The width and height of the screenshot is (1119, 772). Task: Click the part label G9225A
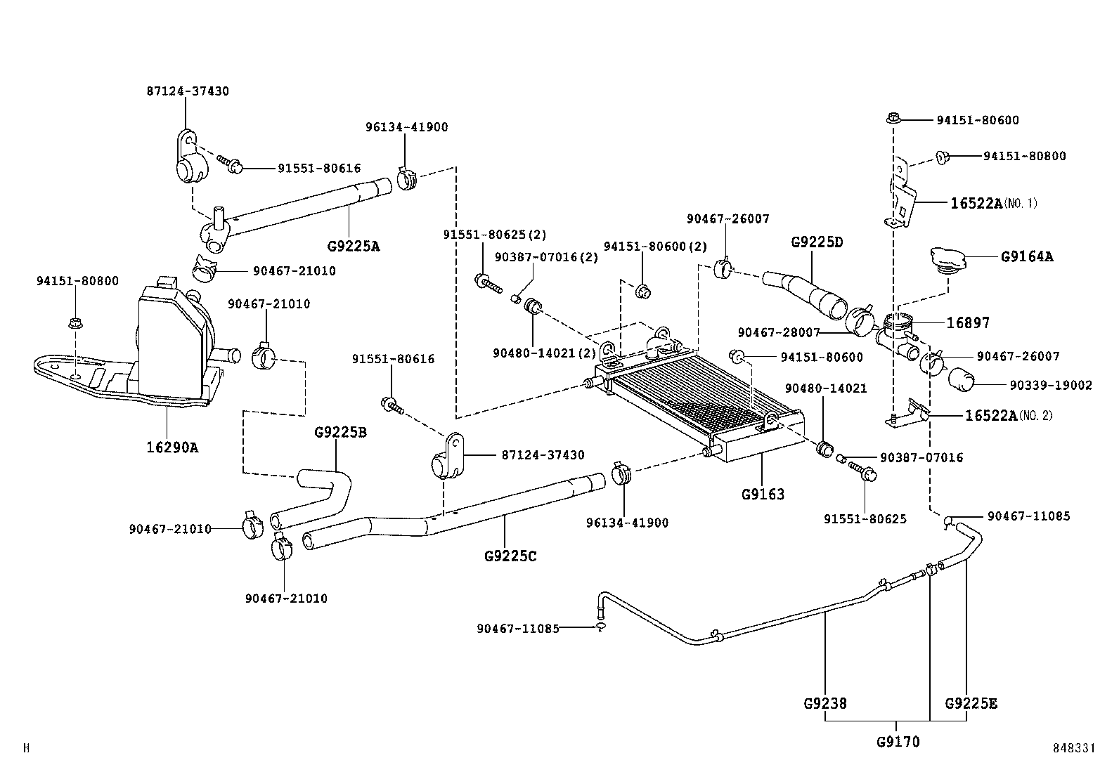point(354,247)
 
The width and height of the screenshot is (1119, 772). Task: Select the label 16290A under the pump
point(172,446)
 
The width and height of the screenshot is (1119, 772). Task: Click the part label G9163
point(763,494)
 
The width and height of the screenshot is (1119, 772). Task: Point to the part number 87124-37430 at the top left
point(188,91)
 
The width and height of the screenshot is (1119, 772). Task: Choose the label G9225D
point(817,242)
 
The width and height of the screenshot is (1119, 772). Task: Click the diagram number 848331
point(1074,749)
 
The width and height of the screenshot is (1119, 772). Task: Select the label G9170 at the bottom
point(898,741)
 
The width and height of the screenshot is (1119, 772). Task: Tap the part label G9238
point(825,703)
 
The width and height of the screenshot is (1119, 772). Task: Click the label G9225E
point(971,703)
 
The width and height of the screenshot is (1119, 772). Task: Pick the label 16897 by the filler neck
point(968,323)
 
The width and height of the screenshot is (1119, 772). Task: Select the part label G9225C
point(510,556)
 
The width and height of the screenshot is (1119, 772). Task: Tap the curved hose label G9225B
point(340,432)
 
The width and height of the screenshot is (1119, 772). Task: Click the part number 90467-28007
point(779,332)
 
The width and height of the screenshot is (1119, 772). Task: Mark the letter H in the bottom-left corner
point(26,749)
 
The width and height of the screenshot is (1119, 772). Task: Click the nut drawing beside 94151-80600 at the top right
point(893,119)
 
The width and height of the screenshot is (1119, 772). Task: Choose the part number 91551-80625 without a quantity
point(865,520)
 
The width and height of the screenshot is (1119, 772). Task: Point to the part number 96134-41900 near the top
point(406,127)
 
